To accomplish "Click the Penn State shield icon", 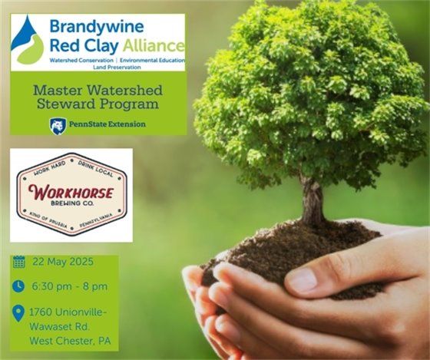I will (57, 124).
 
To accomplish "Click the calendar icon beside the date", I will (20, 263).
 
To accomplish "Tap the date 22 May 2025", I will (62, 263).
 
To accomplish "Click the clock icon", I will (20, 286).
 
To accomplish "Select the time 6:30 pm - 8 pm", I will (70, 286).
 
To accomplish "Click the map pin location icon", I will (20, 312).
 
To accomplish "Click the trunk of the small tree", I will (312, 201).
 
